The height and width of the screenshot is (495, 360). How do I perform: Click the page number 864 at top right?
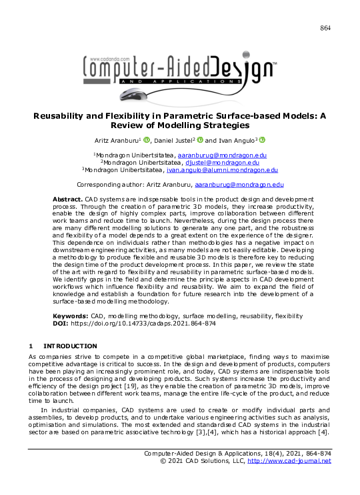(x=325, y=27)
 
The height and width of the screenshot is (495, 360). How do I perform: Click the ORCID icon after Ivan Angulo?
(x=263, y=139)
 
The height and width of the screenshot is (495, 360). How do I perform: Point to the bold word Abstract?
(x=67, y=199)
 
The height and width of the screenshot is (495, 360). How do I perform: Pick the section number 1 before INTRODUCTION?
(x=30, y=346)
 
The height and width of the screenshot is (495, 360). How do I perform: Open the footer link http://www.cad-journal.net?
(x=289, y=461)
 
